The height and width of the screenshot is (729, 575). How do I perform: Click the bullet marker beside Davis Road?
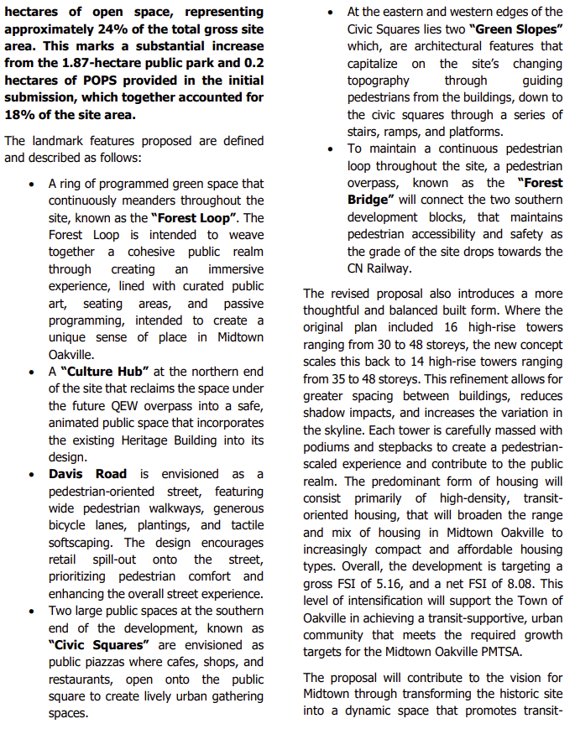tap(31, 474)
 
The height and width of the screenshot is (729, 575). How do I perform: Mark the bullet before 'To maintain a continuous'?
tap(330, 148)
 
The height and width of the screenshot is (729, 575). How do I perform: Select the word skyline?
tap(336, 430)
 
